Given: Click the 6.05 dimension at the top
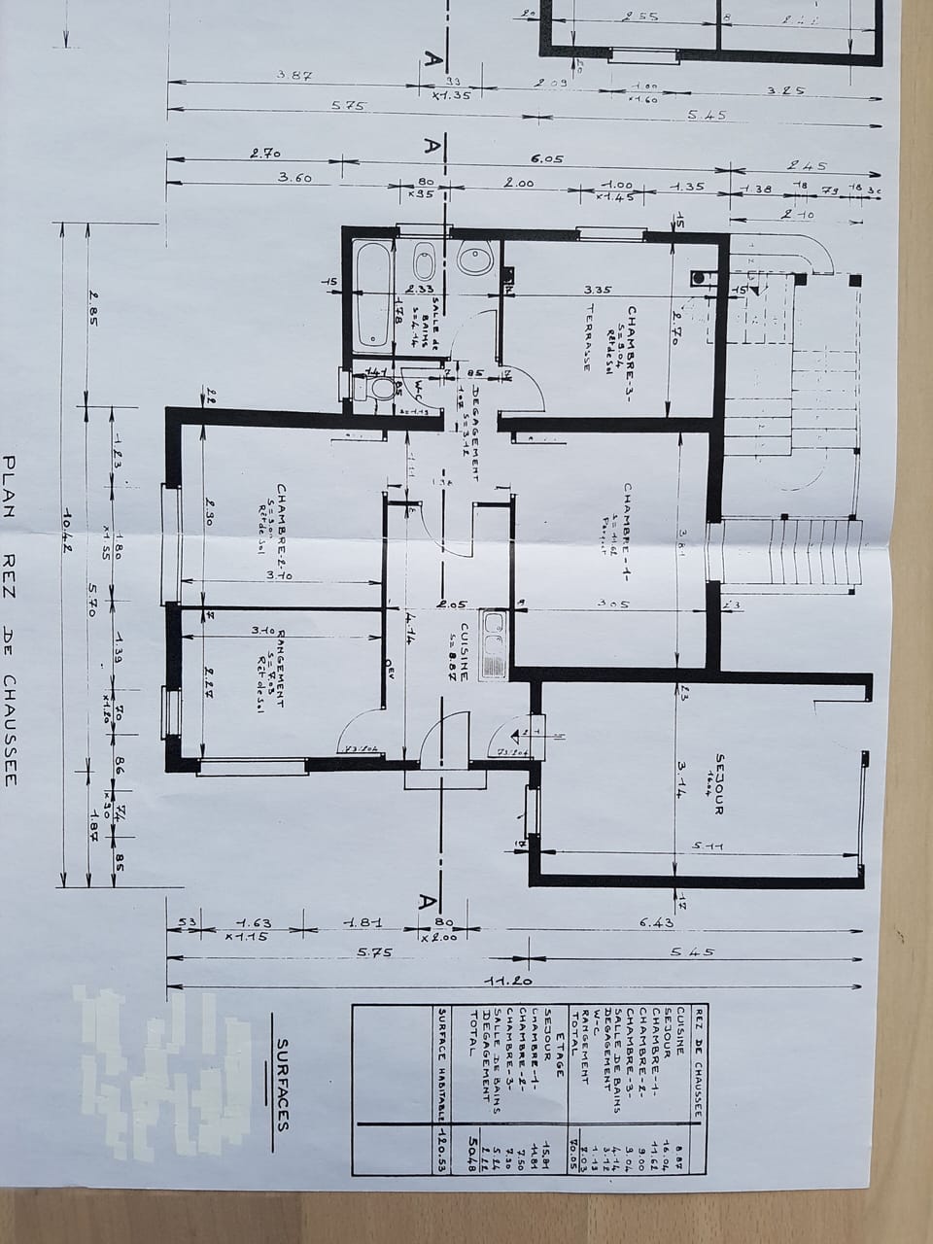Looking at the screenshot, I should click(546, 159).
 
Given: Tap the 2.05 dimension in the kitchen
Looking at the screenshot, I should click(448, 604).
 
